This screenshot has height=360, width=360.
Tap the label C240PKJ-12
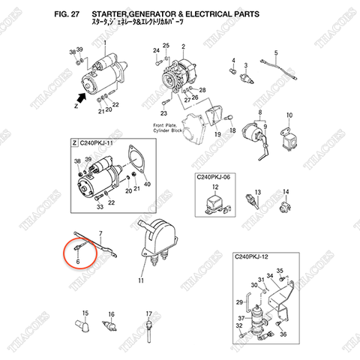tap(254, 257)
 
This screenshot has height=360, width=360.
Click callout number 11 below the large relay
tap(139, 280)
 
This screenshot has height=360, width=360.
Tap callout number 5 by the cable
tap(275, 52)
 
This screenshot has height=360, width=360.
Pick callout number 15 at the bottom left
tap(85, 313)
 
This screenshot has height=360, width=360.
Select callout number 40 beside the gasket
tap(147, 184)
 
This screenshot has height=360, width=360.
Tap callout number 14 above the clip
tap(284, 192)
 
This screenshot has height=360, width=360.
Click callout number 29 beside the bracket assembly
tap(238, 301)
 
